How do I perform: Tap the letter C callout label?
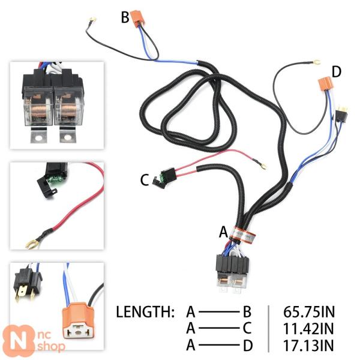(x=145, y=179)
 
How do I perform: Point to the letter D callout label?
(x=336, y=72)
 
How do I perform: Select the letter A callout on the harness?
(x=224, y=232)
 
